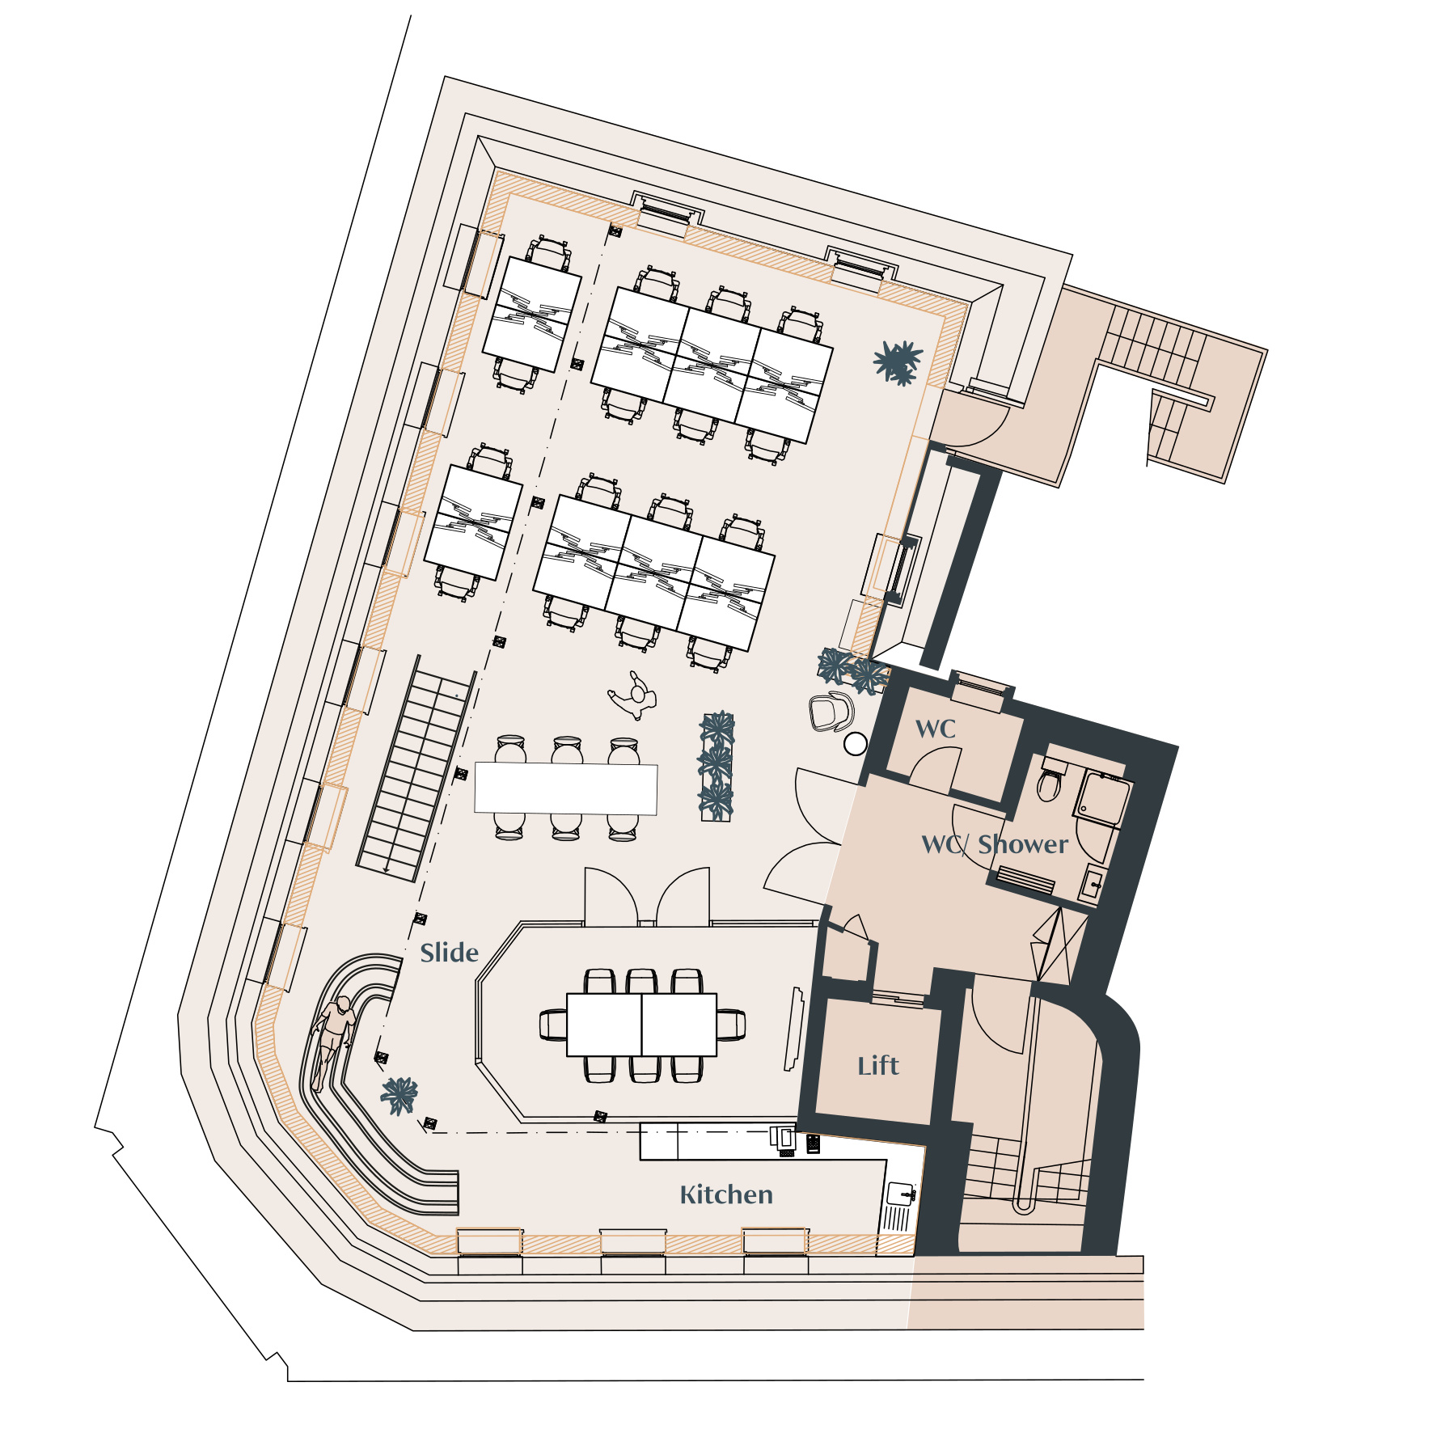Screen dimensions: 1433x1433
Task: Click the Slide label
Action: coord(449,952)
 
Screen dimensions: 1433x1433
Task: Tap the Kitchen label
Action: coord(726,1194)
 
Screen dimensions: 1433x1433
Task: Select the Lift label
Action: coord(878,1066)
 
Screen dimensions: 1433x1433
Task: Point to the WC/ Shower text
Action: coord(995,844)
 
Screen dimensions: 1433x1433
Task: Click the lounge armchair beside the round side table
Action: coord(831,712)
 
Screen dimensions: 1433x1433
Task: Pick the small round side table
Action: coord(856,744)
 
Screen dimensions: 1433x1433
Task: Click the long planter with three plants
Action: coord(717,766)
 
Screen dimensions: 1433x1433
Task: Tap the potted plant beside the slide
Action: coord(399,1095)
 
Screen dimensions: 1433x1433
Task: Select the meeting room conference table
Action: coord(641,1025)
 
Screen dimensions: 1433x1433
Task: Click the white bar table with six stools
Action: coord(566,788)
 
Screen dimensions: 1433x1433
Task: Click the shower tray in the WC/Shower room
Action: coord(1101,799)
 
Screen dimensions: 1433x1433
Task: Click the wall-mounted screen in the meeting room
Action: coord(794,1029)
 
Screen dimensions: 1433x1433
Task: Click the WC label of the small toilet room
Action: coord(936,729)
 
